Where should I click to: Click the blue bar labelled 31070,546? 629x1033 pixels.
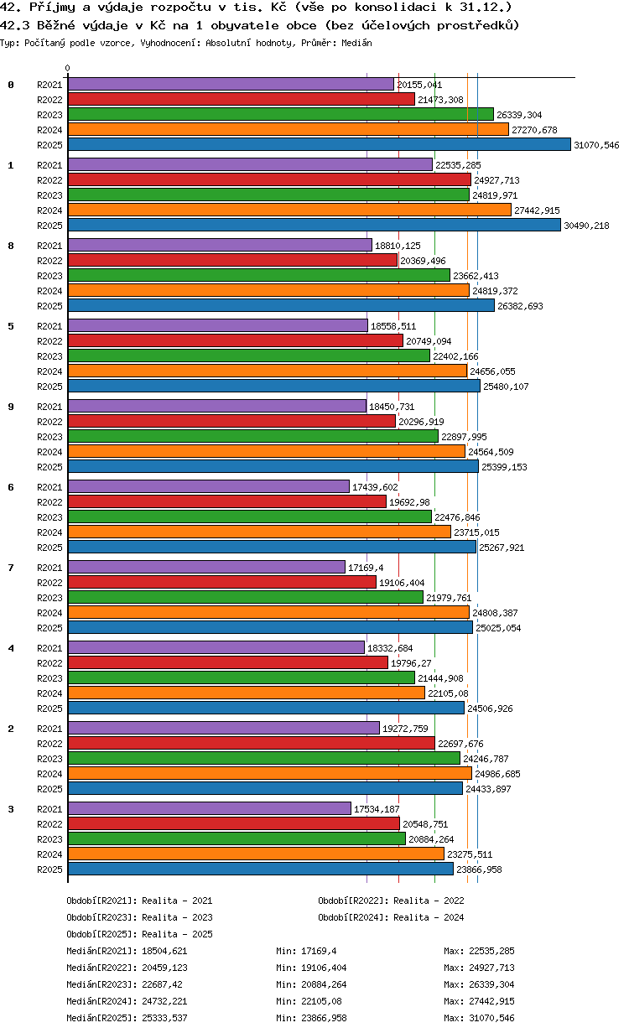pos(319,145)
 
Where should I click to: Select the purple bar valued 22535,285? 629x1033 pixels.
pos(251,164)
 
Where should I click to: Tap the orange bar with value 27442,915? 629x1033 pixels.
pos(289,210)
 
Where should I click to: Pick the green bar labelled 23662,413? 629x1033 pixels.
pos(259,275)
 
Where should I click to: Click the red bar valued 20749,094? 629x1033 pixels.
pos(236,340)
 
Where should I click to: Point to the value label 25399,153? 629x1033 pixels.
pos(504,467)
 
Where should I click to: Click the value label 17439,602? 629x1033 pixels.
pos(375,487)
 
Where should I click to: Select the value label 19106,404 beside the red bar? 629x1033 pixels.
pos(402,583)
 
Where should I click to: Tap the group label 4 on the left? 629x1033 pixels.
pos(11,648)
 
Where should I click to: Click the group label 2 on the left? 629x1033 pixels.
pos(11,729)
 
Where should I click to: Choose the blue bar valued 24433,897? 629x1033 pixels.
pos(265,788)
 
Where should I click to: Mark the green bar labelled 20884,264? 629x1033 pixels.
pos(237,838)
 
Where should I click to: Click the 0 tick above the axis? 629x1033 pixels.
pos(68,68)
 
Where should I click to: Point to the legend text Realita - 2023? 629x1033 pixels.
pos(177,917)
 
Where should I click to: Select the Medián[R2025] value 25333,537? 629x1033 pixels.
pos(164,1018)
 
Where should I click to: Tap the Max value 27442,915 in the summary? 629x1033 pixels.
pos(491,1001)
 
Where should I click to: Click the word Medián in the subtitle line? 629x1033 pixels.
pos(356,43)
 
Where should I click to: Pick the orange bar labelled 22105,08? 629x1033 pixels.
pos(247,693)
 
